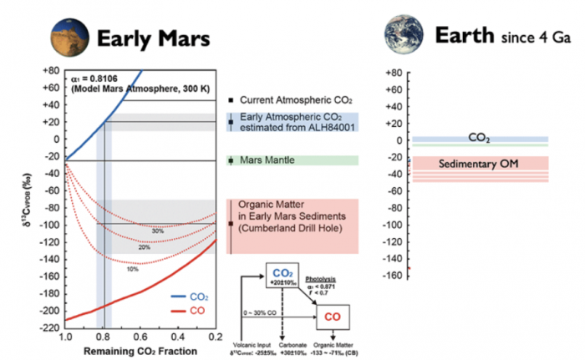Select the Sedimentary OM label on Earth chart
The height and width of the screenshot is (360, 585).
tap(479, 164)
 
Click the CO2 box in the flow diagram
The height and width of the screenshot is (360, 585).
tap(284, 274)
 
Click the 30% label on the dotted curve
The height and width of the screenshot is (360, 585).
tap(157, 230)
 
